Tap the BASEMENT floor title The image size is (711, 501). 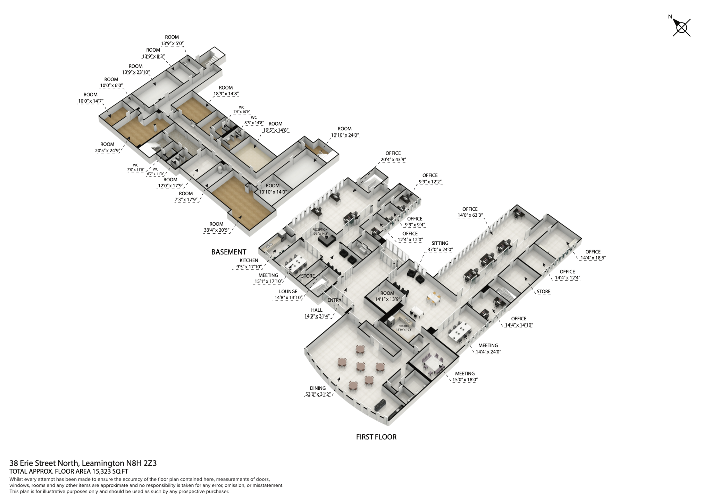(228, 252)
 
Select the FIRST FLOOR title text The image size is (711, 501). (376, 437)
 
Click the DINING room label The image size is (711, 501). (318, 388)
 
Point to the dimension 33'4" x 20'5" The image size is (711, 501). (216, 230)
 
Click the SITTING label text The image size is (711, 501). (440, 243)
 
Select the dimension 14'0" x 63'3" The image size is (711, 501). (470, 215)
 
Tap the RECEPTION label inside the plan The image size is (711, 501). (320, 230)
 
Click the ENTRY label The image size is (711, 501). (334, 300)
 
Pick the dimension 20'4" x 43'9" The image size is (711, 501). (393, 159)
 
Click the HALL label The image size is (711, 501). (317, 310)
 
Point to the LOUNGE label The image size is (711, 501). (288, 292)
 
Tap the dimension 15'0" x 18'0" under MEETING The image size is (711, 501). (465, 380)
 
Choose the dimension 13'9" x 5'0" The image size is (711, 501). (172, 44)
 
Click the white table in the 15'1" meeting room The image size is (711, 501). (295, 264)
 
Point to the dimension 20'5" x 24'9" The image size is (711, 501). (107, 150)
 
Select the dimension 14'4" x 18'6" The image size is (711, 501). (593, 258)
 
